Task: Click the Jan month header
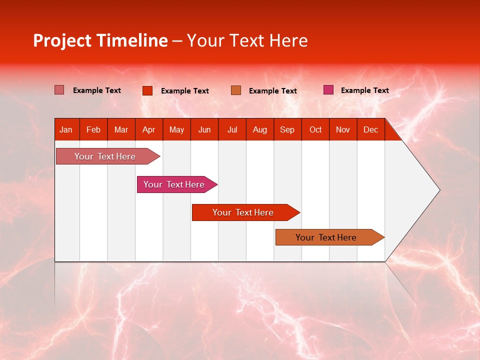pos(66,130)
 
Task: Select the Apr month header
pos(149,130)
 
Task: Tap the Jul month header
pos(232,130)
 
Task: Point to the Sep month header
pos(287,130)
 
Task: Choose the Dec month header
pos(370,130)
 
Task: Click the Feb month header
pos(93,130)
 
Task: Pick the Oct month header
pos(315,130)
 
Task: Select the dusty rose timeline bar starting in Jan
pos(105,156)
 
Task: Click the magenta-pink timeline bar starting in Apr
pos(174,184)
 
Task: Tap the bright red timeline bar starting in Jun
pos(243,212)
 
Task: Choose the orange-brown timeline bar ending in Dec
pos(326,237)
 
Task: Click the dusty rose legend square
pos(59,90)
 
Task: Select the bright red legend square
pos(147,90)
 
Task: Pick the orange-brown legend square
pos(236,90)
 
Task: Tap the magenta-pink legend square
pos(328,90)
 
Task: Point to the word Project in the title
pos(62,40)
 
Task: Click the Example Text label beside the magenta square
pos(364,90)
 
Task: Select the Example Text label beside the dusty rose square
pos(96,90)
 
